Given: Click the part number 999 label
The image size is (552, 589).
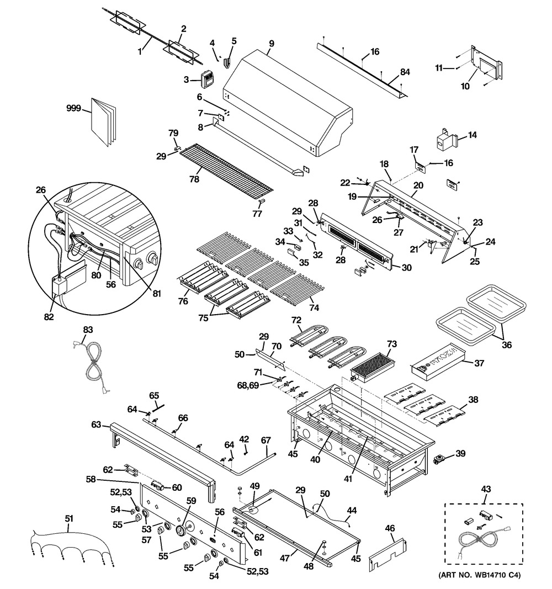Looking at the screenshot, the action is pos(73,109).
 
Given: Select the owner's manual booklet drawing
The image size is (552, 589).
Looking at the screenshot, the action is pos(103,122).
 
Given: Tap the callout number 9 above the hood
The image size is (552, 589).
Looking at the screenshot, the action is pos(271,44).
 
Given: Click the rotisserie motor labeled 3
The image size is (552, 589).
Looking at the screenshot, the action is pos(207,79).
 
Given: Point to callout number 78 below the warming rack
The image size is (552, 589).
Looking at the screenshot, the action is pos(194,179).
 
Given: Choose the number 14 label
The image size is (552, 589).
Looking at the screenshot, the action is pos(472,135).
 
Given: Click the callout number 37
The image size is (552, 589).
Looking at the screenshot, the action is pos(479,363).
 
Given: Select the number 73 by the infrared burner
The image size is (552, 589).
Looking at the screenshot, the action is pos(392,344).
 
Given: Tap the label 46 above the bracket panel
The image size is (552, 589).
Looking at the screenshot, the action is pos(390,528).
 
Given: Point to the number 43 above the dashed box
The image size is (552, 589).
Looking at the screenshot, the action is pos(486,489).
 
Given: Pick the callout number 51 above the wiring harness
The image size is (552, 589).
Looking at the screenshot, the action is pos(68,519).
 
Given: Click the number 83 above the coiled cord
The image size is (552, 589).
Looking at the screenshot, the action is pos(88,330).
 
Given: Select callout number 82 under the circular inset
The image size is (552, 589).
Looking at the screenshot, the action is pos(49,317).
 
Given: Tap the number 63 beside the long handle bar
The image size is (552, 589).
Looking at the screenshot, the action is pos(97,424).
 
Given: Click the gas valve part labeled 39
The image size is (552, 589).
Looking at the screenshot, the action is pos(440,460).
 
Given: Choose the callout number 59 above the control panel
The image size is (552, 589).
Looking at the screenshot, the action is pos(191,501).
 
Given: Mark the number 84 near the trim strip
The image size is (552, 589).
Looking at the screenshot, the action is pos(405,72).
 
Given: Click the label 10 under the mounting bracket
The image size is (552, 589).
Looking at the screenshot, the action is pos(465,87).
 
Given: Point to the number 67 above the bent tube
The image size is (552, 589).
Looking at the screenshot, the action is pos(266,440).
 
